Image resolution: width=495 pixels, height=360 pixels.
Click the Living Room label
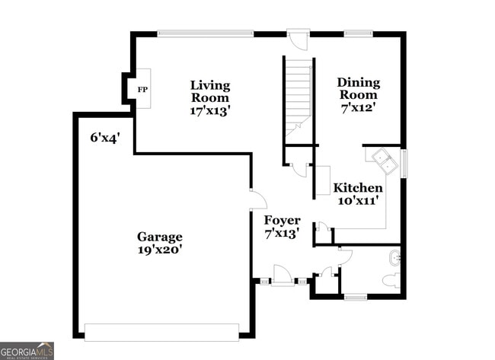coord(210,91)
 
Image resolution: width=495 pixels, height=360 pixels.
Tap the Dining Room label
coord(358,88)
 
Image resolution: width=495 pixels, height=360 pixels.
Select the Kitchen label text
coord(358,188)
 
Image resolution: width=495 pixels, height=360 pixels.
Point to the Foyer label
coord(282,221)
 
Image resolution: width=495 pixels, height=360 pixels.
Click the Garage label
coord(160,236)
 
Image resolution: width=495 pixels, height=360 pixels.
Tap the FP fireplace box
coord(142,89)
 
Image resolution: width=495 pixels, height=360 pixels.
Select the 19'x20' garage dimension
coord(160,249)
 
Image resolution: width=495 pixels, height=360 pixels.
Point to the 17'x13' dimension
coord(210,110)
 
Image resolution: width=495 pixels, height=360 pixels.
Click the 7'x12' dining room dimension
coord(358,108)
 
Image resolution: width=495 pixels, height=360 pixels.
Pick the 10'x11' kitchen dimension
coord(358,201)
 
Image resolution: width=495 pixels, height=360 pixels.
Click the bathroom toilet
coord(390,280)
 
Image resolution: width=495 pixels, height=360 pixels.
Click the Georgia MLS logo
coord(27,351)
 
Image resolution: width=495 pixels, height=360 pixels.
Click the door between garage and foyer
coord(257,199)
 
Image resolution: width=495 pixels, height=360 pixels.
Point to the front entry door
coord(283,276)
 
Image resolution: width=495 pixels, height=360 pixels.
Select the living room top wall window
coord(210,33)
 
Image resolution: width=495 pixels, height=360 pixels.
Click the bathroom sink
coord(394,255)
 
